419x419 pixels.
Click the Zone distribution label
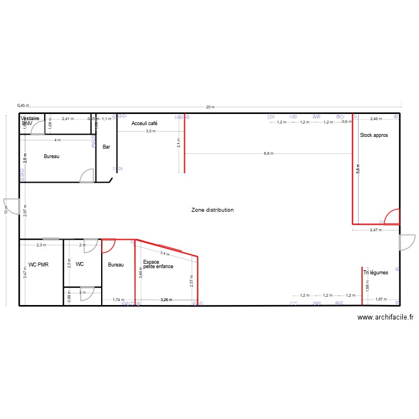[212, 210]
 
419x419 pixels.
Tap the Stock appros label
[374, 135]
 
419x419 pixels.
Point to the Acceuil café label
[145, 123]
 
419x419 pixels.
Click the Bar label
[107, 147]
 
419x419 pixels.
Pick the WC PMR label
[39, 265]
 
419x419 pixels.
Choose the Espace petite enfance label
[158, 264]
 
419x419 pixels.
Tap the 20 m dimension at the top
[209, 107]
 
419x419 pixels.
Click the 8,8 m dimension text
[269, 154]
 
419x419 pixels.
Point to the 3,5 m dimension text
[151, 131]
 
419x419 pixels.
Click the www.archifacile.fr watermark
[385, 317]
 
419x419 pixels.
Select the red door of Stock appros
[392, 216]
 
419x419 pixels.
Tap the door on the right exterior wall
[406, 242]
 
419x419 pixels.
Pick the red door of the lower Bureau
[108, 245]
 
